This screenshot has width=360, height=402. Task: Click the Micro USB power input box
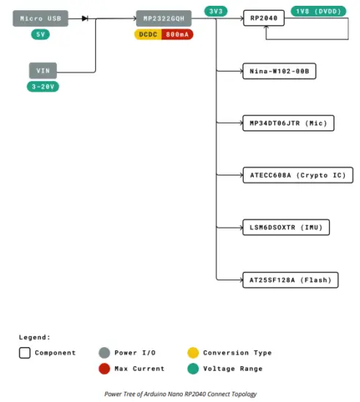click(x=41, y=18)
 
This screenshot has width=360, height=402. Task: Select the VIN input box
click(x=42, y=71)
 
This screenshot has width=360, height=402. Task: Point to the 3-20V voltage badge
click(x=42, y=87)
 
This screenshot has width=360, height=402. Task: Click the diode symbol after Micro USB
click(x=86, y=18)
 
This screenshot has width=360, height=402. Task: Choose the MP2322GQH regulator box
click(x=164, y=18)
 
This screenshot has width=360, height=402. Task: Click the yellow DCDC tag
click(x=149, y=34)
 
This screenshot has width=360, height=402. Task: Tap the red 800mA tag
click(x=178, y=34)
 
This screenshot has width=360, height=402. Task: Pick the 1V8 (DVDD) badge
click(x=319, y=12)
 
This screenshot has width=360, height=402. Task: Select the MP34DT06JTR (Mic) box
click(x=288, y=123)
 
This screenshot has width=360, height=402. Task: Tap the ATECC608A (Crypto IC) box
click(x=298, y=175)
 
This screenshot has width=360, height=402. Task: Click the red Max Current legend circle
click(x=104, y=368)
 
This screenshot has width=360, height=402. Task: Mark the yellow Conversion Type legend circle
click(x=192, y=352)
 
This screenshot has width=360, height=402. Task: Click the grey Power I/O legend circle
click(x=104, y=352)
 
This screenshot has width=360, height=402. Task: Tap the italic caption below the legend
click(x=179, y=394)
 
